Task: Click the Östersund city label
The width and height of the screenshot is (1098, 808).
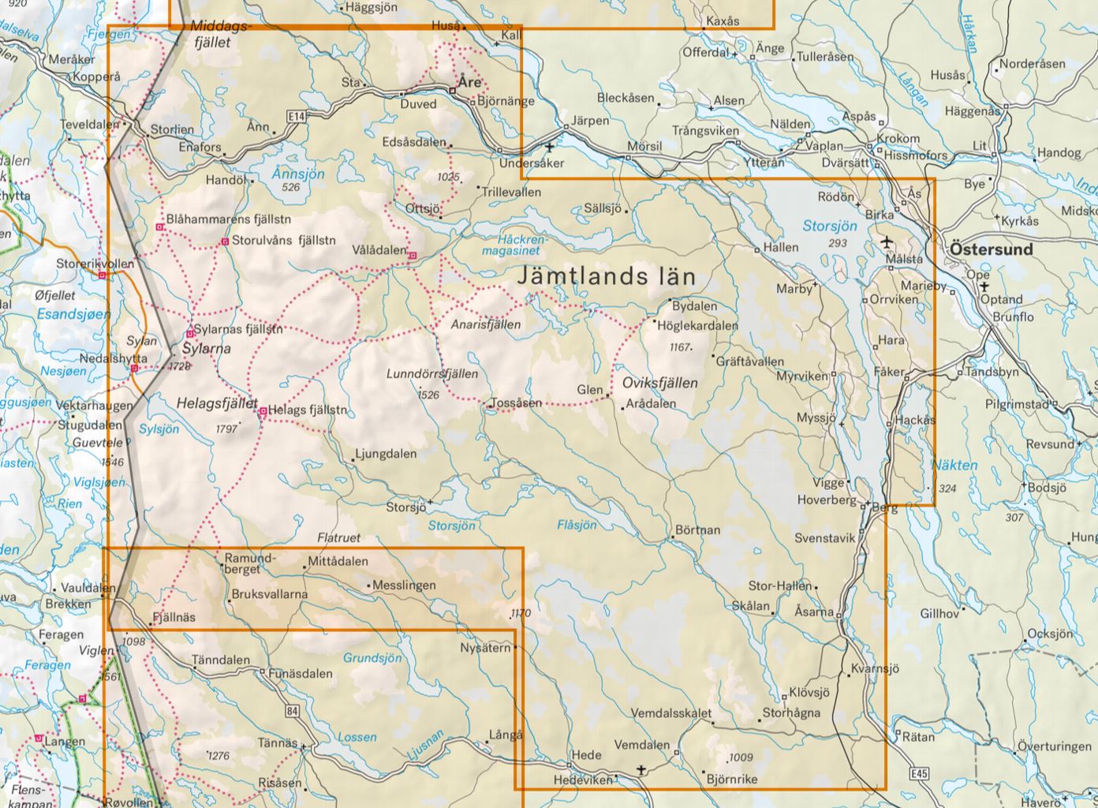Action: tap(992, 249)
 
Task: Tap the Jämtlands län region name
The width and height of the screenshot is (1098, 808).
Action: tap(607, 277)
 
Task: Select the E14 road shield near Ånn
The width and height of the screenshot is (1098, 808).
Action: tap(296, 117)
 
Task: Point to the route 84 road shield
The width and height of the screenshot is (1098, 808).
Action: tap(293, 712)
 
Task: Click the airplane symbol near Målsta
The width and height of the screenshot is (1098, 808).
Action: tap(887, 241)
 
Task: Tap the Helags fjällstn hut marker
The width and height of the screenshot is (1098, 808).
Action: tap(263, 410)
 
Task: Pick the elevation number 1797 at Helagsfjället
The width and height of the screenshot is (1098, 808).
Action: tap(226, 429)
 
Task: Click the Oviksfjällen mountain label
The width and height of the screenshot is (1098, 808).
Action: tap(660, 383)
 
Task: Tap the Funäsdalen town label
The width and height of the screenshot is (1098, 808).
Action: tap(301, 674)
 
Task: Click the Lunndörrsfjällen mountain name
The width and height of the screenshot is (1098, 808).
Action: tap(432, 374)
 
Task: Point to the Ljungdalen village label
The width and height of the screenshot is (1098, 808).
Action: tap(386, 454)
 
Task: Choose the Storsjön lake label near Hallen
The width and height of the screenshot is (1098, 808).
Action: tap(829, 226)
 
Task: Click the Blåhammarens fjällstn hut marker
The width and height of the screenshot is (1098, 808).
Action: tap(160, 227)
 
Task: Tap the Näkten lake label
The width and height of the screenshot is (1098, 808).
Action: tap(954, 466)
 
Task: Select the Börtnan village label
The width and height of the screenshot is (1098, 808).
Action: tap(697, 529)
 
